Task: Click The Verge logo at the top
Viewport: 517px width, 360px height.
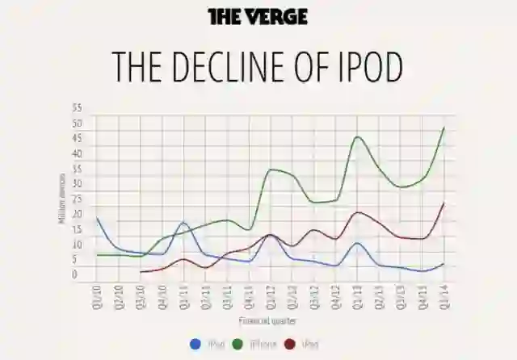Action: pyautogui.click(x=258, y=17)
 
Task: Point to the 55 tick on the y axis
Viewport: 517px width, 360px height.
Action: pyautogui.click(x=77, y=107)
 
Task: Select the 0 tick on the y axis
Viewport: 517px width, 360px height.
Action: pyautogui.click(x=75, y=275)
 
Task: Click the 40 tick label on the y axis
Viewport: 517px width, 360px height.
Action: pyautogui.click(x=77, y=153)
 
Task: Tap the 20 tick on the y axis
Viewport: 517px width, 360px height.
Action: pyautogui.click(x=77, y=215)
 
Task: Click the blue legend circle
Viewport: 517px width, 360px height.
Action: pyautogui.click(x=195, y=344)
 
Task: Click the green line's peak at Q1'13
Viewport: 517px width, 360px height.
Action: pyautogui.click(x=357, y=137)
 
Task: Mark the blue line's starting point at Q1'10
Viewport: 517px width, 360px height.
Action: pyautogui.click(x=98, y=218)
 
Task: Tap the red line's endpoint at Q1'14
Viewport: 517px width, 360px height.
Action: pyautogui.click(x=444, y=203)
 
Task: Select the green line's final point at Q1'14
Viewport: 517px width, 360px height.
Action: pyautogui.click(x=444, y=128)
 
